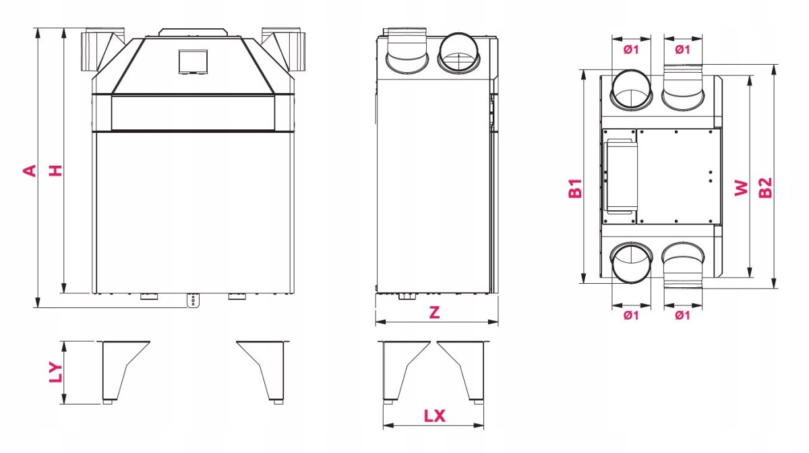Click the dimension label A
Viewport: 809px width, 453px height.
[x=30, y=171]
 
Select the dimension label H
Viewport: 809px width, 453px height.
[x=56, y=171]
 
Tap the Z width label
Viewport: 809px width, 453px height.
[x=434, y=312]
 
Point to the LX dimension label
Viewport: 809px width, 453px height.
[x=434, y=416]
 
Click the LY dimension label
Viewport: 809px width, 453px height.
[x=56, y=372]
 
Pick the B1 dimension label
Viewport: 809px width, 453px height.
[x=575, y=188]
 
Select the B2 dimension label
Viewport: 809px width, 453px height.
[x=765, y=188]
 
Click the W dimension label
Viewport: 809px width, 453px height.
[x=741, y=188]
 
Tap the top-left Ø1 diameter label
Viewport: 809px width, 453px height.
[x=631, y=49]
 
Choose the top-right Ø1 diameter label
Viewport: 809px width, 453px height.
[x=682, y=49]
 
